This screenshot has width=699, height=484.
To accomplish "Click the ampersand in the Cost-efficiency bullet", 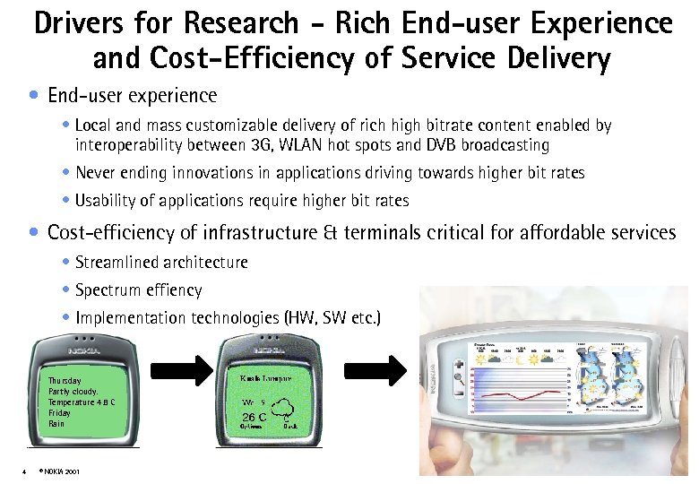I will pos(326,234).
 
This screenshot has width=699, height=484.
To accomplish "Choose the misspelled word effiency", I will pos(170,290).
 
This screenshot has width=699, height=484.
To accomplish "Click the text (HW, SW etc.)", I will pos(332,318).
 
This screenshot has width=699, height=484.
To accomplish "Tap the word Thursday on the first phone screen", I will pos(65,381).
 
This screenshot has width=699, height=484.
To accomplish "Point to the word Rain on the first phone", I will pos(56,424).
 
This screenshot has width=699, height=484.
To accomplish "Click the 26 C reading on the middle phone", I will pos(255,418).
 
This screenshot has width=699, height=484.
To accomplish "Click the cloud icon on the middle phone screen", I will pos(286,414).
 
